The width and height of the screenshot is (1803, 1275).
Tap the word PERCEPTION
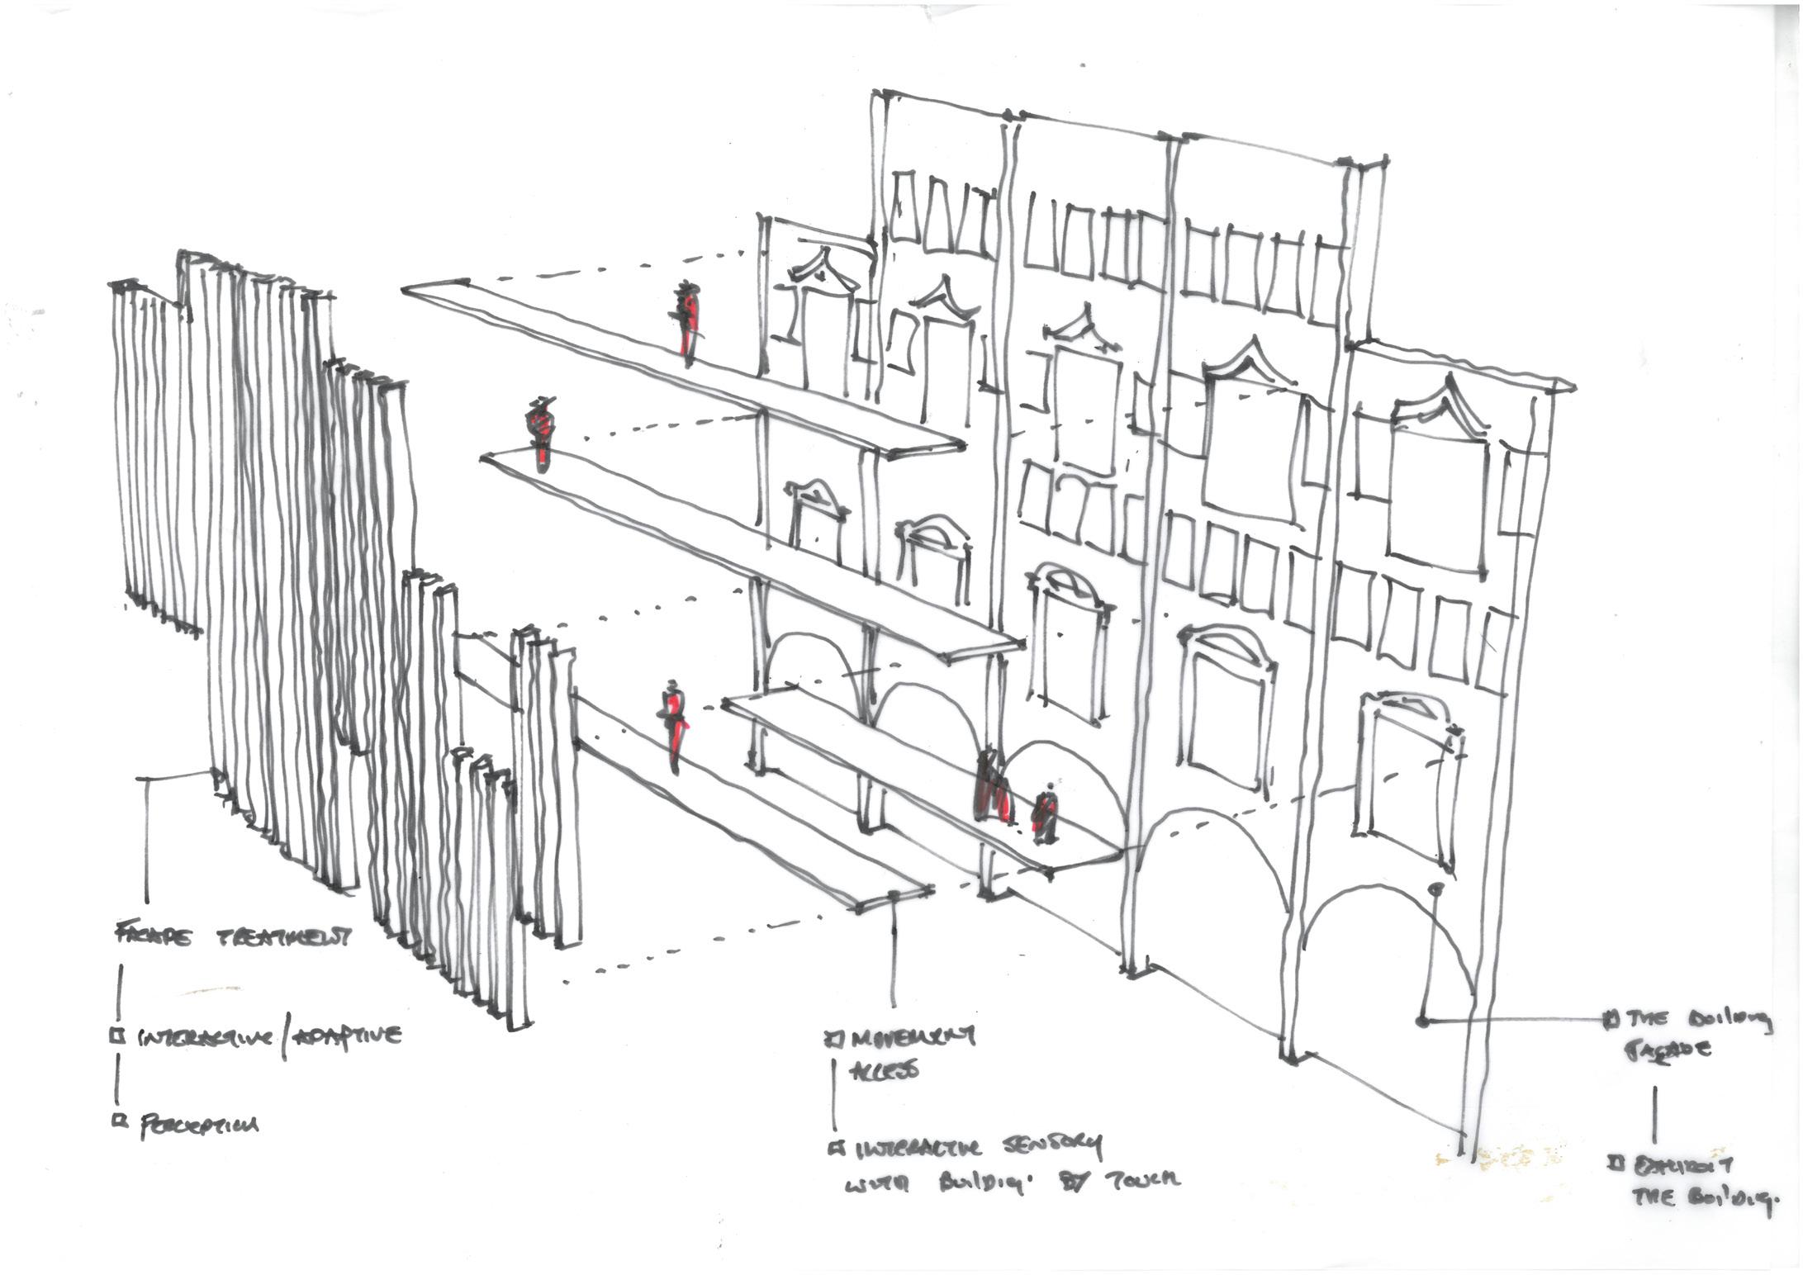click(x=199, y=1126)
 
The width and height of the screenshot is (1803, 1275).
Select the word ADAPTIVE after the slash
click(x=346, y=1036)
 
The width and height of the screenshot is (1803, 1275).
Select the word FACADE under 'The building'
click(x=1670, y=1050)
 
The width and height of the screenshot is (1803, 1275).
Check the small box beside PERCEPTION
click(x=120, y=1121)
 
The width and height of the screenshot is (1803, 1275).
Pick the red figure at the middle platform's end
click(x=542, y=436)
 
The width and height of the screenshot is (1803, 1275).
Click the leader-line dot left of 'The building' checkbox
click(x=1422, y=1021)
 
